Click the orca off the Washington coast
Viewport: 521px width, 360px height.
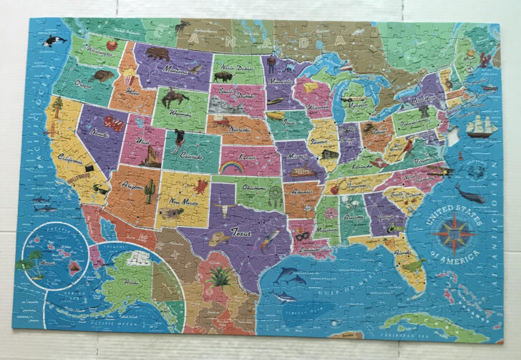pyautogui.click(x=51, y=42)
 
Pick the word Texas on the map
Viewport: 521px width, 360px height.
pyautogui.click(x=240, y=231)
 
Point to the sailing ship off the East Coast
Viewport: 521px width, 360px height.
pyautogui.click(x=480, y=127)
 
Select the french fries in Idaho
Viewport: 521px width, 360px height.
pyautogui.click(x=129, y=74)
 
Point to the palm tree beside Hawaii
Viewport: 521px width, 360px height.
pyautogui.click(x=27, y=263)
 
